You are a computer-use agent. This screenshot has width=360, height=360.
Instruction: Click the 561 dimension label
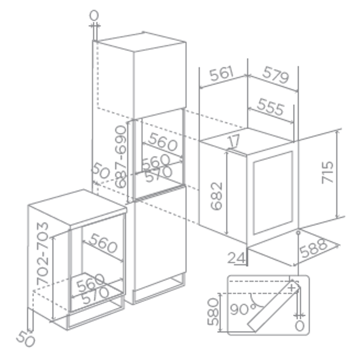[221, 73]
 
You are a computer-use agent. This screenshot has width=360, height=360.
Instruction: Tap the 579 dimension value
[275, 75]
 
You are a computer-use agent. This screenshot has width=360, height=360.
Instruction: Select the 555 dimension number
[271, 107]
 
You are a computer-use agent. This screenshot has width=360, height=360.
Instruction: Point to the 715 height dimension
[328, 172]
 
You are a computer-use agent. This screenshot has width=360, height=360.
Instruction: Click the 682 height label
[216, 196]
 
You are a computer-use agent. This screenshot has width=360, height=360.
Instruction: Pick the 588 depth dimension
[313, 248]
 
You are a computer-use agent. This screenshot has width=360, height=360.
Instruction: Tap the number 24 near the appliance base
[236, 258]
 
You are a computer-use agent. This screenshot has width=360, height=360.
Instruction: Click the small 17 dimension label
[234, 141]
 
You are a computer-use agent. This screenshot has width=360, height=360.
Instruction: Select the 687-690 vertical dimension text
[121, 157]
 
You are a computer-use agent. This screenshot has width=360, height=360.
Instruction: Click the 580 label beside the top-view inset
[213, 311]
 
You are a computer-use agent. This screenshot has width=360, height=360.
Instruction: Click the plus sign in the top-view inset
[292, 288]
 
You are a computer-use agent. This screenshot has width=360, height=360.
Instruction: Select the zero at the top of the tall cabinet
[94, 16]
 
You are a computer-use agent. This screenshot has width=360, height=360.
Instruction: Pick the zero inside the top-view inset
[300, 326]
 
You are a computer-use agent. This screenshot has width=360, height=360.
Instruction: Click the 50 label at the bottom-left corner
[26, 339]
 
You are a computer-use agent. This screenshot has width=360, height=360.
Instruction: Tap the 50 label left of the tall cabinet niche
[101, 171]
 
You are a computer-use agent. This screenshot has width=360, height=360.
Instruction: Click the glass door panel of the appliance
[273, 193]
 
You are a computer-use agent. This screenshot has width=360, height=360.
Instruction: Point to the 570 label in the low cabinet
[95, 295]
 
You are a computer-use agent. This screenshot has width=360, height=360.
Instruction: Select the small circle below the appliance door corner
[298, 233]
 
